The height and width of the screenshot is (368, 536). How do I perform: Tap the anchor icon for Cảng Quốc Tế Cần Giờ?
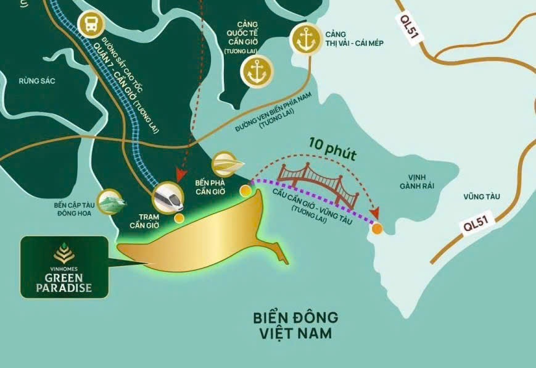(x=256, y=73)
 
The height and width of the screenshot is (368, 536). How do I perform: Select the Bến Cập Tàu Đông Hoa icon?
(x=112, y=201)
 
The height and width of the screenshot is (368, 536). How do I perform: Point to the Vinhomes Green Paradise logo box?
(x=65, y=266)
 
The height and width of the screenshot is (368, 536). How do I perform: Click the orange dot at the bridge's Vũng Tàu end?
(x=376, y=230)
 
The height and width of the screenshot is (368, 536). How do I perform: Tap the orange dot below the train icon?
(x=179, y=218)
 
